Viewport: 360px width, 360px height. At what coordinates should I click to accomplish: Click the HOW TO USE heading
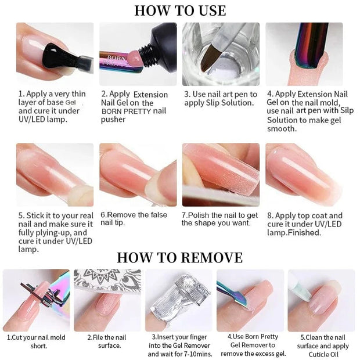180,10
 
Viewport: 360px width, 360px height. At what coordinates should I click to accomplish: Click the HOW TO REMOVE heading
180,257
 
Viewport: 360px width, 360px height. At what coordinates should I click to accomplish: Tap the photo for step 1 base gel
55,54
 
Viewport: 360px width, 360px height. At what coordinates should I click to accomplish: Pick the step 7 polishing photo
221,174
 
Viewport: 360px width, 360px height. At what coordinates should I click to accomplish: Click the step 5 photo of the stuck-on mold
55,174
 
